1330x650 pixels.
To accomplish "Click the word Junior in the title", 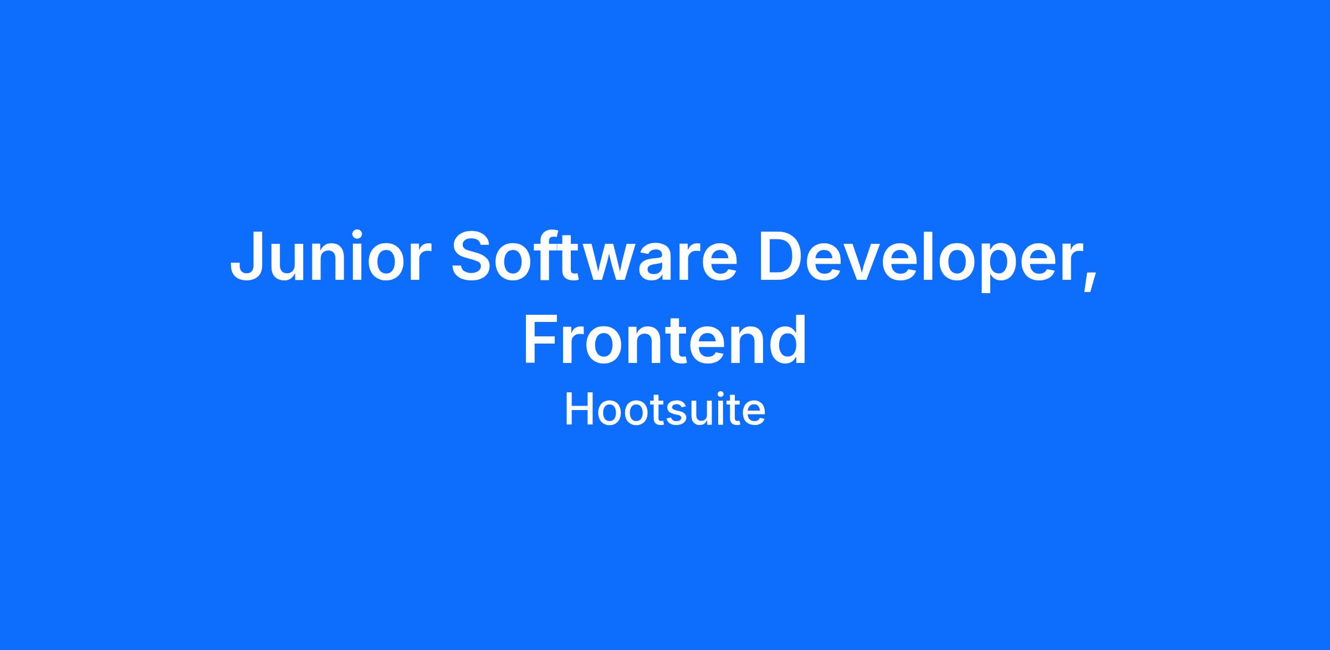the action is (330, 257).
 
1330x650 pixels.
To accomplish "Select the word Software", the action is (595, 255).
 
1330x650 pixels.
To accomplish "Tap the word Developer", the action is (919, 260).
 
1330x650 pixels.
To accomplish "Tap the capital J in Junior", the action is (246, 257).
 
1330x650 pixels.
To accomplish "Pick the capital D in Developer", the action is (782, 255).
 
